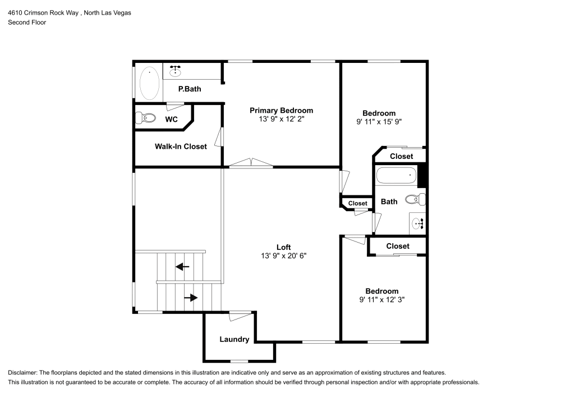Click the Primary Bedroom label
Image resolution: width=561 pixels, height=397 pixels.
281,110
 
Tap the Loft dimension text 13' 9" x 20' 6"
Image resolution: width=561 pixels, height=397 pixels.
283,255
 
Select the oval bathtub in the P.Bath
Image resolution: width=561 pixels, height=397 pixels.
149,83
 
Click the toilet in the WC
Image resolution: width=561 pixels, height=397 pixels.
146,118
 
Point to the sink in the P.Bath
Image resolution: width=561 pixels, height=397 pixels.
176,70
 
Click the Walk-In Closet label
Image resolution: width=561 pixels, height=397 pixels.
181,147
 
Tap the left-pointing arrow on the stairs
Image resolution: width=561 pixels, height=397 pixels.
182,267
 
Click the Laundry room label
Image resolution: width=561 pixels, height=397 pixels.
234,339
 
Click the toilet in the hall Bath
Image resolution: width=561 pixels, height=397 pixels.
416,199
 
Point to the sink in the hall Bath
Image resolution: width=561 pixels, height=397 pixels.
419,224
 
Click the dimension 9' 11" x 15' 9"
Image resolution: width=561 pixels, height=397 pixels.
379,121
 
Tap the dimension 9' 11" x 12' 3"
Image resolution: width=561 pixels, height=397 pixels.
381,299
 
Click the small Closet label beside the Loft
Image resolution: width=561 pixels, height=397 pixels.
357,203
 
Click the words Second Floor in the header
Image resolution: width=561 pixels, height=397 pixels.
27,22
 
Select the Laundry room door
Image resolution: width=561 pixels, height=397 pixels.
241,316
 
